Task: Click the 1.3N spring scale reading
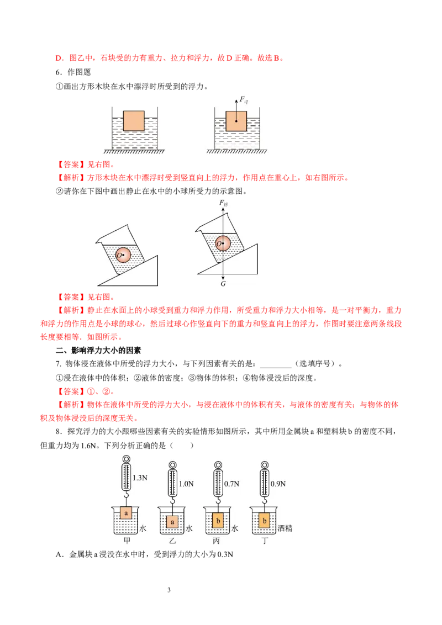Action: [140, 478]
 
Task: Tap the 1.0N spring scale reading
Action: [186, 484]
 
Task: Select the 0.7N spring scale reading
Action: [231, 484]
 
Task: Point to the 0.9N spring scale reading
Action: [278, 484]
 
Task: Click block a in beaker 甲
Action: [126, 513]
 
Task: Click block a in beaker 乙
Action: [172, 522]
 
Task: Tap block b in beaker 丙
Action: [218, 521]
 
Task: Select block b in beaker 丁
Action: [265, 521]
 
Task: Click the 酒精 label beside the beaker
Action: [285, 528]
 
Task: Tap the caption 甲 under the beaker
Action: [127, 541]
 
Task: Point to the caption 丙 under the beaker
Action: [216, 541]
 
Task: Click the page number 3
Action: [169, 590]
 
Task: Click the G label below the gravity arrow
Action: [223, 284]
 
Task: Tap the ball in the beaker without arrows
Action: [123, 255]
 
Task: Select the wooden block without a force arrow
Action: [134, 121]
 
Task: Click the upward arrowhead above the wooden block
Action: [236, 102]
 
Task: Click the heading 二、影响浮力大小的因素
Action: [98, 351]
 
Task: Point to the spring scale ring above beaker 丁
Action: [265, 465]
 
